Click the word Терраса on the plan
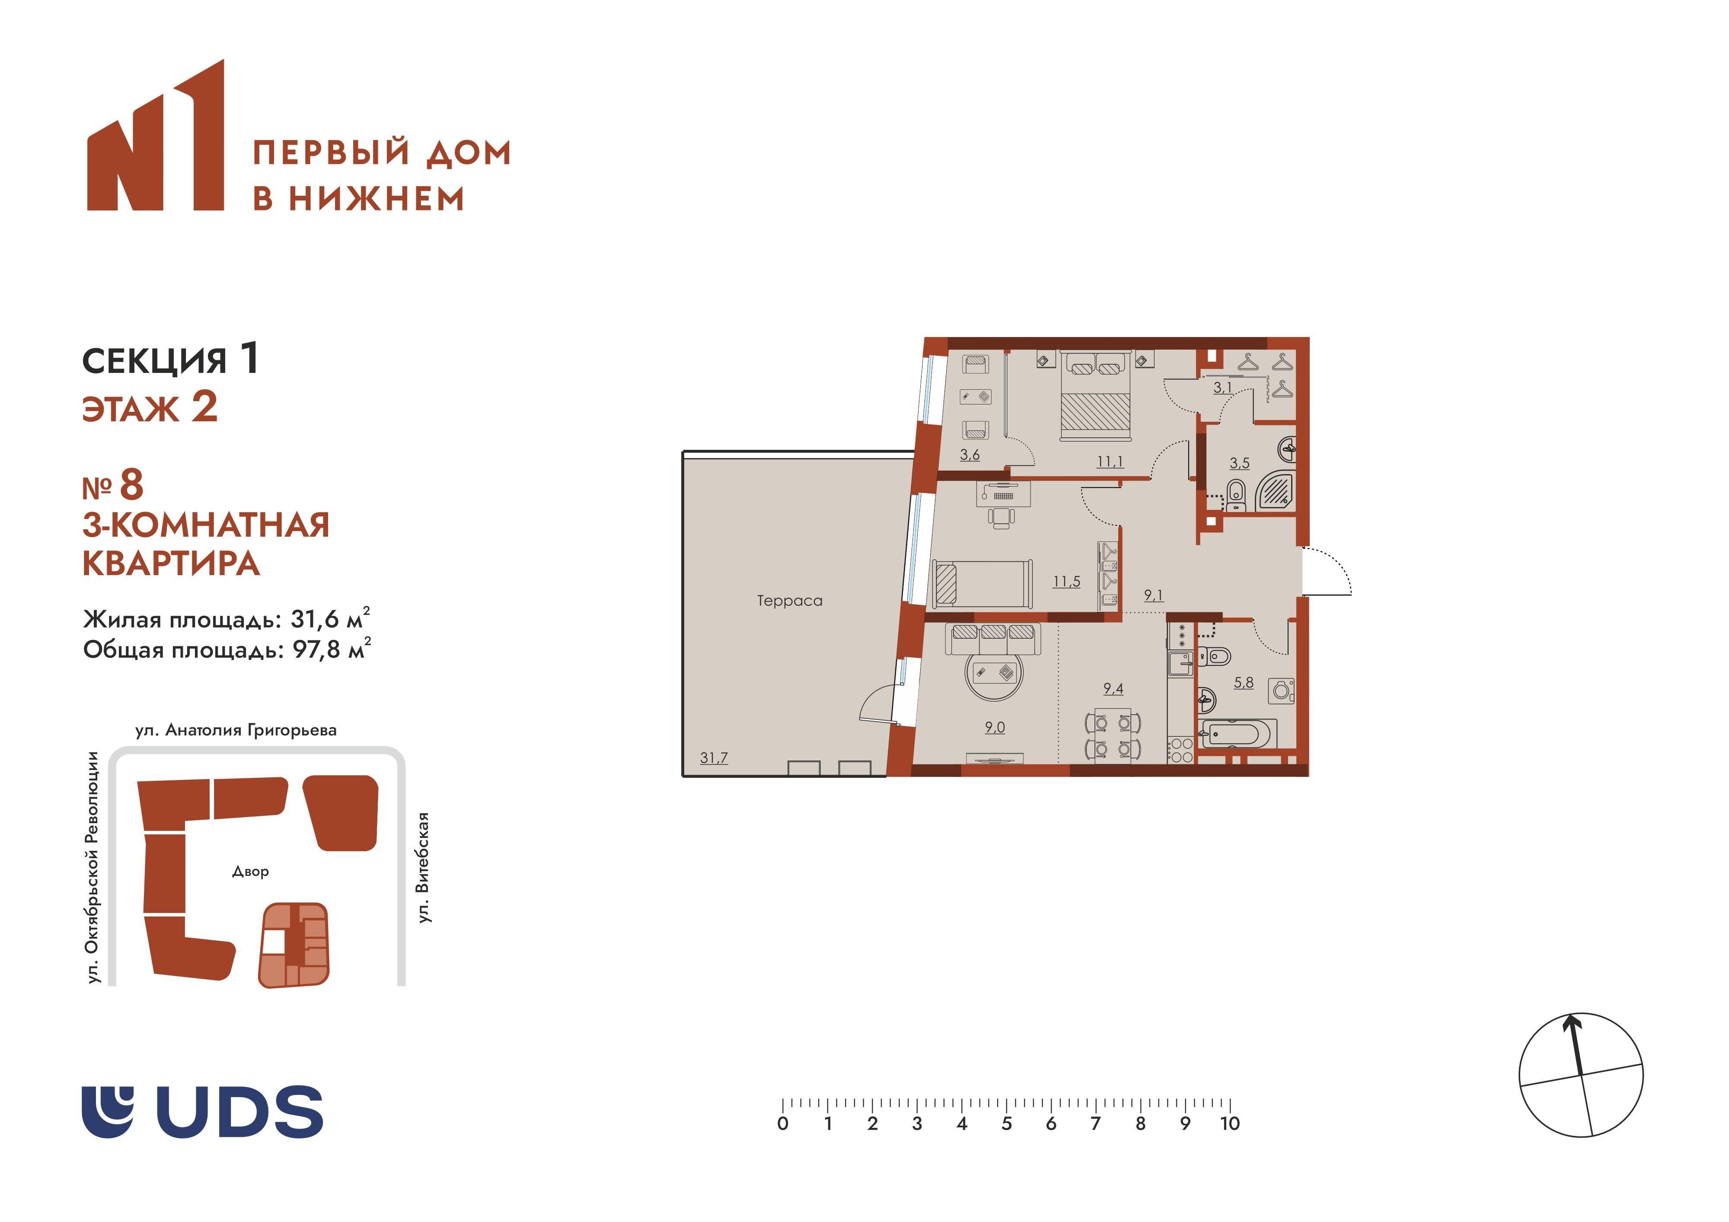coord(789,601)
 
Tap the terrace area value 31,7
coord(714,758)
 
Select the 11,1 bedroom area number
coord(1110,461)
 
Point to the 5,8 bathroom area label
coord(1243,683)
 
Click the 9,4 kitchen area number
coord(1113,688)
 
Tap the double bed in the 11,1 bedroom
coord(1096,395)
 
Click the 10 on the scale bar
coord(1230,1124)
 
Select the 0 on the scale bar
coord(783,1124)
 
